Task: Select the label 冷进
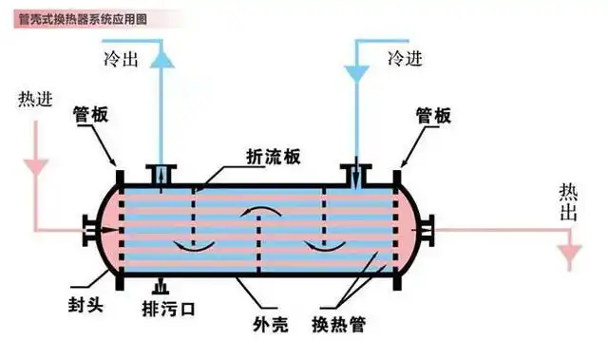tap(405, 59)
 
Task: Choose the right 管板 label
tap(432, 115)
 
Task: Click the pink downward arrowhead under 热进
tap(37, 162)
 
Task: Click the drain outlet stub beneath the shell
tap(160, 284)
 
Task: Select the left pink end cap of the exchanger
tap(104, 229)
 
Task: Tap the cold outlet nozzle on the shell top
tap(162, 174)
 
